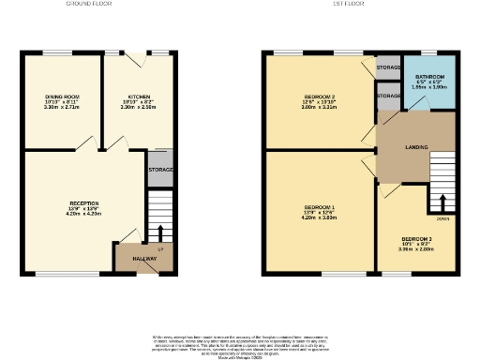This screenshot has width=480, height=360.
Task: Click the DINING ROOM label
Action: coord(62,96)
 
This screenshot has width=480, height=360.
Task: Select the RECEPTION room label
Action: coord(83,202)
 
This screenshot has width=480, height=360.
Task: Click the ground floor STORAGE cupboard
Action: coord(160,170)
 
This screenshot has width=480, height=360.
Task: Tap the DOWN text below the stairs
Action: coord(442,219)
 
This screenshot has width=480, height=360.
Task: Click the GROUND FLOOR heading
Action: coord(89,4)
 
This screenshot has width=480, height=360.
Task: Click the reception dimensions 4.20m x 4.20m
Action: coord(83,214)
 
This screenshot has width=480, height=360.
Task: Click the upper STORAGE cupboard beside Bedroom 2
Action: coord(388,67)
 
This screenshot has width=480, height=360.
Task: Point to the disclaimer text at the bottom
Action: coord(239,344)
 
